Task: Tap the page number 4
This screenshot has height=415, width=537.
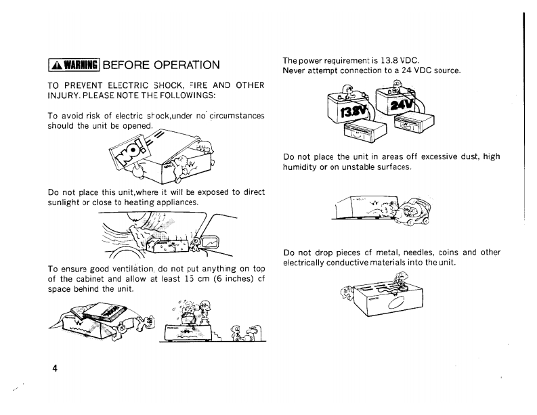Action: point(55,368)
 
